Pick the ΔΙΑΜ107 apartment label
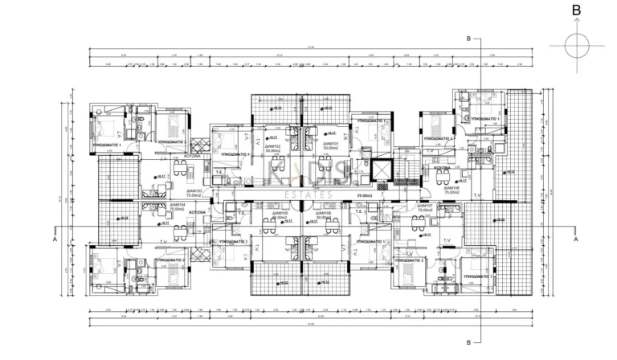(x=423, y=205)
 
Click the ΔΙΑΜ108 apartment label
(x=450, y=188)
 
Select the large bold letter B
(x=575, y=10)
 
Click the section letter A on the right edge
(x=575, y=239)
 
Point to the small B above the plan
(x=469, y=38)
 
